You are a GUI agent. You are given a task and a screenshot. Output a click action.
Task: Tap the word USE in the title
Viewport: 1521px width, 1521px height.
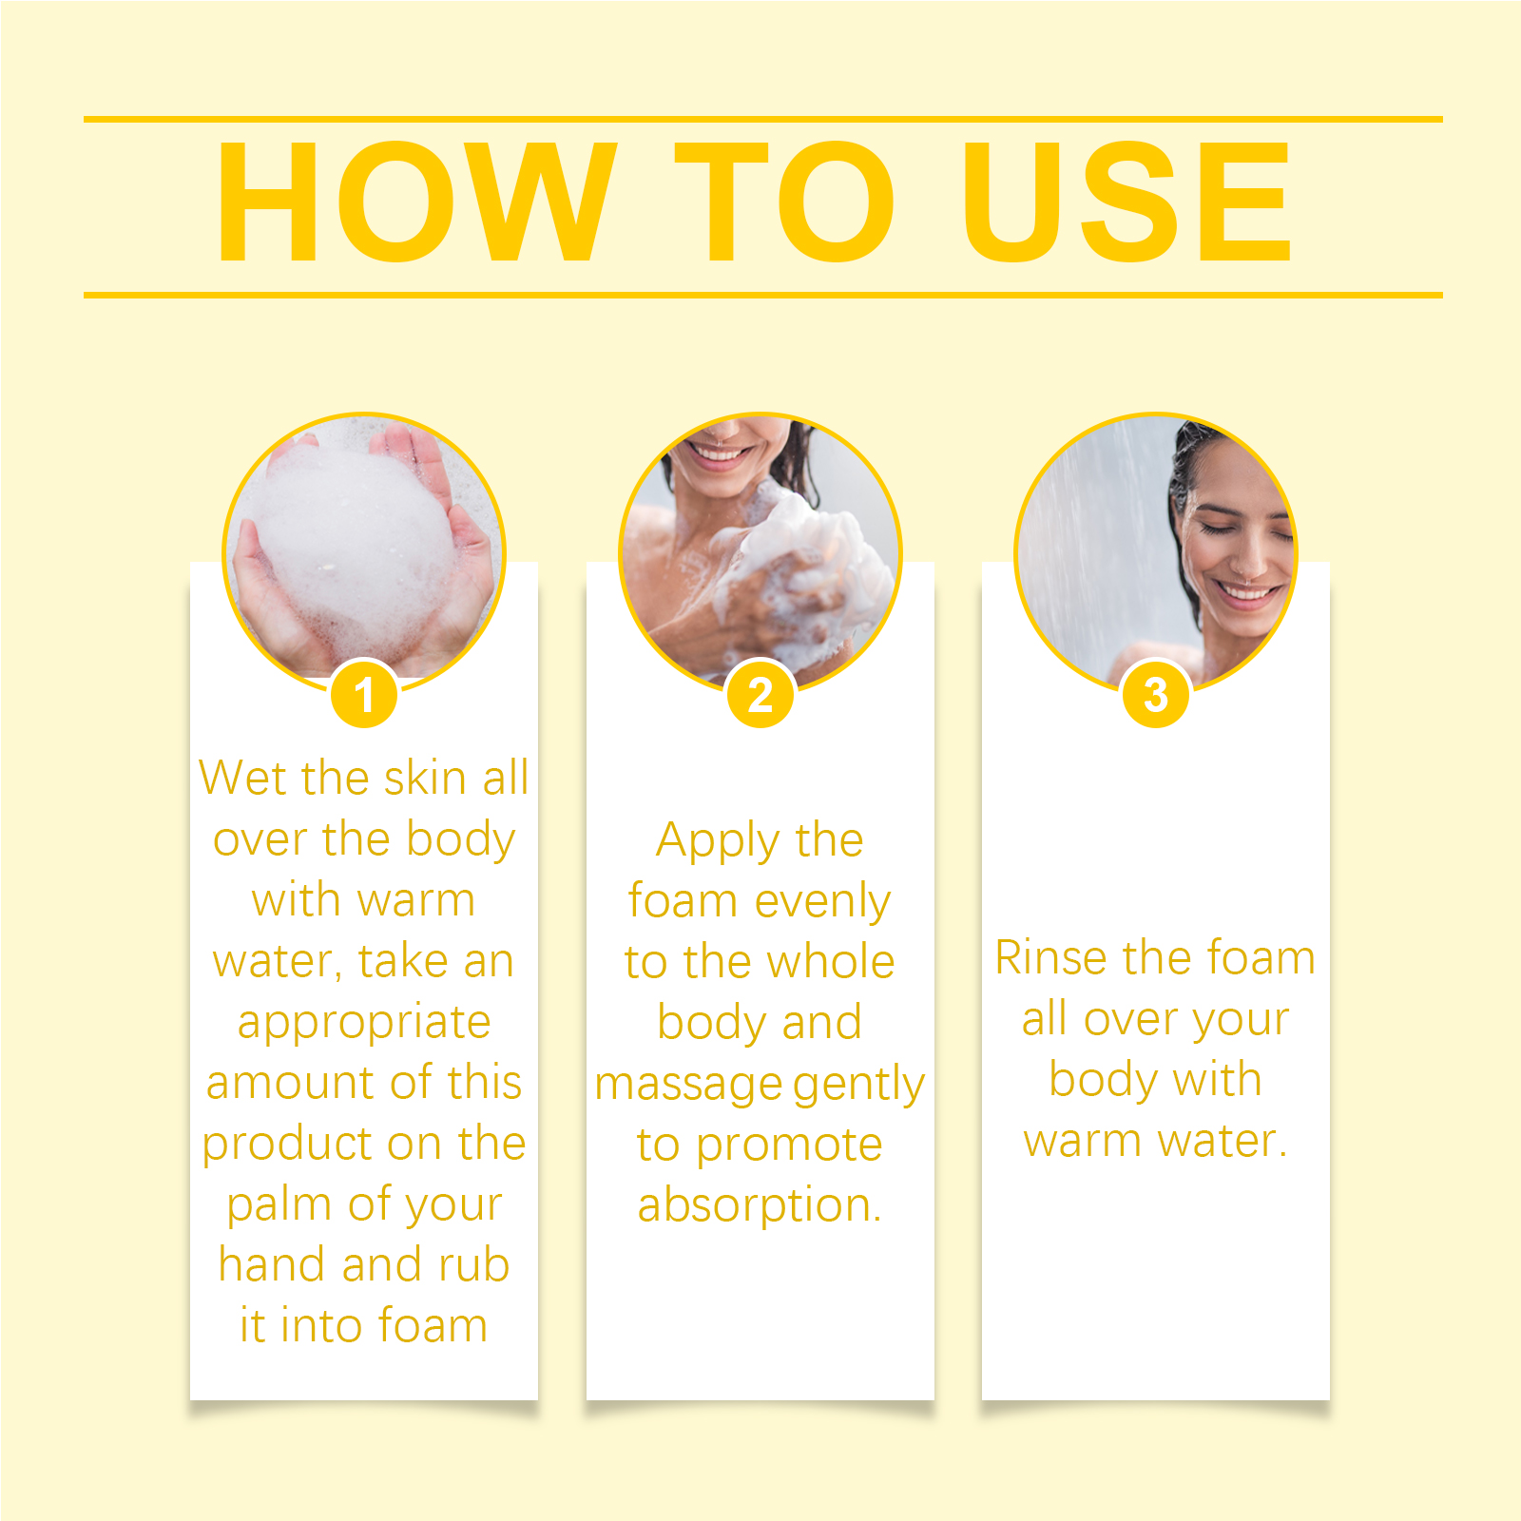click(1127, 202)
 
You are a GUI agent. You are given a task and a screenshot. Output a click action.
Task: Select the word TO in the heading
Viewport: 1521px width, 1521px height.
click(785, 202)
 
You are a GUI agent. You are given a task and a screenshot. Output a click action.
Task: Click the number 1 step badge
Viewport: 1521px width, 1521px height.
click(364, 694)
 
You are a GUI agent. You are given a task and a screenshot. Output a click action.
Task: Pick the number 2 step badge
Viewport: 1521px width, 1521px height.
click(760, 694)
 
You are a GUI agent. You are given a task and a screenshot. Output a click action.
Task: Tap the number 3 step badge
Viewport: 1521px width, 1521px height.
click(1156, 694)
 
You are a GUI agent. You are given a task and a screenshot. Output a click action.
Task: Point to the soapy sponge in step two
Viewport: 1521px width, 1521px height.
click(808, 561)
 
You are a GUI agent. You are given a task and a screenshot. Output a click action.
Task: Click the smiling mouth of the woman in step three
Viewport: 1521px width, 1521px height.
click(1247, 595)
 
